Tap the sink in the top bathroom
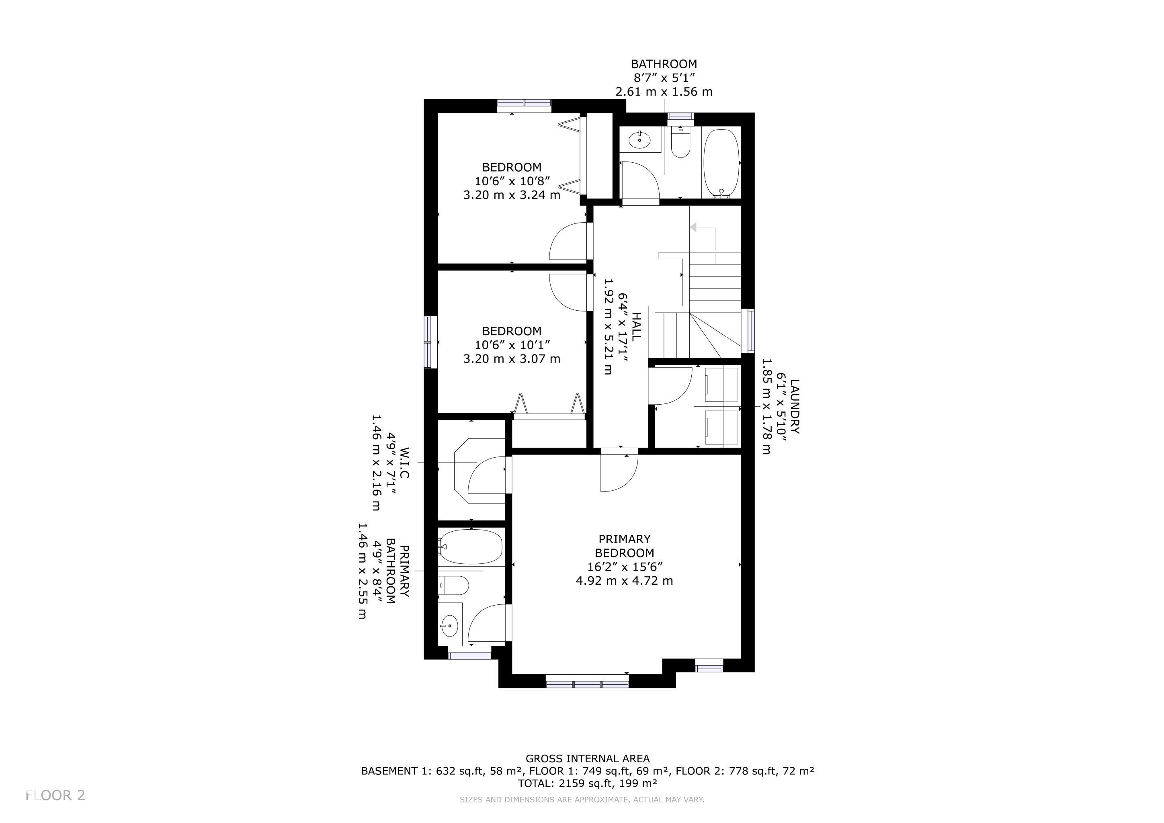pyautogui.click(x=640, y=138)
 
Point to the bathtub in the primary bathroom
pyautogui.click(x=471, y=546)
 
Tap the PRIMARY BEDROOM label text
pyautogui.click(x=625, y=546)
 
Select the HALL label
pyautogui.click(x=636, y=326)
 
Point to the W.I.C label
pyautogui.click(x=404, y=463)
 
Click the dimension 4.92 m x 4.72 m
pyautogui.click(x=625, y=581)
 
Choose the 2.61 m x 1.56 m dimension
pyautogui.click(x=664, y=92)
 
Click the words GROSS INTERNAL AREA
pyautogui.click(x=588, y=759)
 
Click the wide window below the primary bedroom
pyautogui.click(x=587, y=684)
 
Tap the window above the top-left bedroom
pyautogui.click(x=524, y=105)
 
